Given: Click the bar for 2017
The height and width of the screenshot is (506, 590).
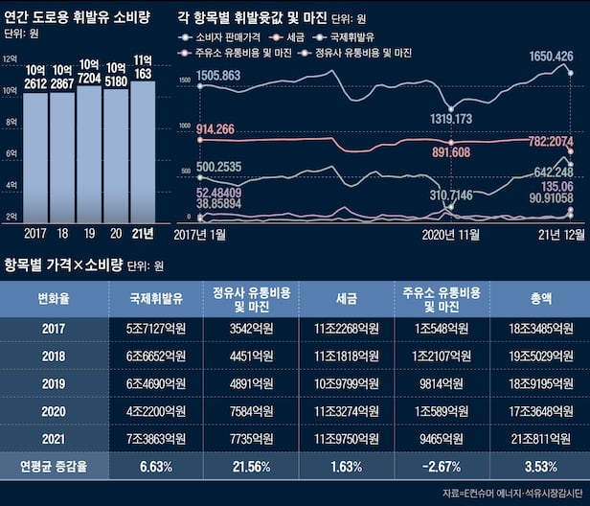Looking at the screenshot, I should pyautogui.click(x=35, y=153).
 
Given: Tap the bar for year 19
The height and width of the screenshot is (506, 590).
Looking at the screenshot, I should pyautogui.click(x=89, y=153).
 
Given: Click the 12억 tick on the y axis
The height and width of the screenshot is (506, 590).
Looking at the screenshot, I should pyautogui.click(x=10, y=59).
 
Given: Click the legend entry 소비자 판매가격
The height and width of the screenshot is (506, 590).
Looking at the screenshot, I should pyautogui.click(x=221, y=36).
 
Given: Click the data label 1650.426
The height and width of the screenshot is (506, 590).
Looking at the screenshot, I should pyautogui.click(x=552, y=57).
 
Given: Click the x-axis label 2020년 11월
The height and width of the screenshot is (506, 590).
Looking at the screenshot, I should pyautogui.click(x=450, y=233).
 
